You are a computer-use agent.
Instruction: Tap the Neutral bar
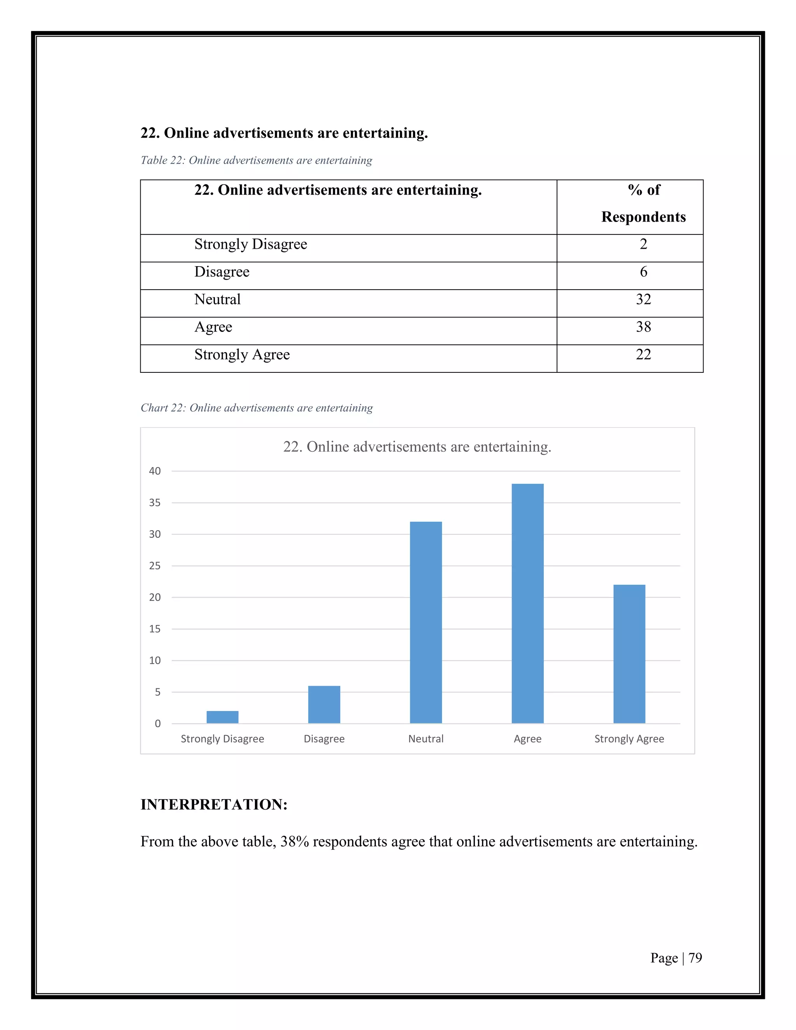pyautogui.click(x=426, y=623)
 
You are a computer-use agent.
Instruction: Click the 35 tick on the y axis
pyautogui.click(x=155, y=503)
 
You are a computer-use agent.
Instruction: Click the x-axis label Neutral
pyautogui.click(x=426, y=738)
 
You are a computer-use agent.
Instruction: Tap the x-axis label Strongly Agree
pyautogui.click(x=629, y=738)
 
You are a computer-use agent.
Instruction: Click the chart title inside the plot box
pyautogui.click(x=417, y=447)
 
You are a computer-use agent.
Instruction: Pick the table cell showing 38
pyautogui.click(x=643, y=327)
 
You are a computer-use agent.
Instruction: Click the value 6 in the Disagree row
pyautogui.click(x=643, y=272)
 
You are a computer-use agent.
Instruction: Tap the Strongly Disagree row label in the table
pyautogui.click(x=250, y=244)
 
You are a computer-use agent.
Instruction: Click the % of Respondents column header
pyautogui.click(x=643, y=203)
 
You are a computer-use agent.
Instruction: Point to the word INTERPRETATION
pyautogui.click(x=214, y=805)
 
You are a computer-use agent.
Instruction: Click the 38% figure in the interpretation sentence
pyautogui.click(x=294, y=841)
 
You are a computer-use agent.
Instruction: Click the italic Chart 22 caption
pyautogui.click(x=257, y=408)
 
